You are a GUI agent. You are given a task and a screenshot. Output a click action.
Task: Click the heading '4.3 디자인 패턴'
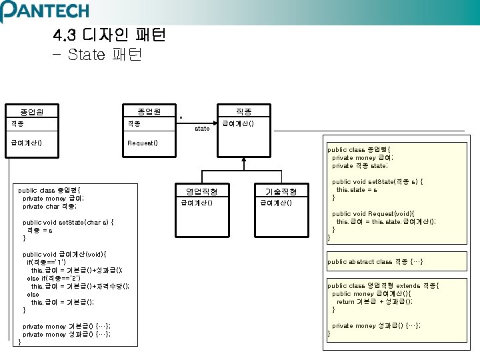[x=109, y=35]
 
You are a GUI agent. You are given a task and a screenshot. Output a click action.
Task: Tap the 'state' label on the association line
[x=202, y=129]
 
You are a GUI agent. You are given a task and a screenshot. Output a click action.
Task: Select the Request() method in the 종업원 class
[x=142, y=143]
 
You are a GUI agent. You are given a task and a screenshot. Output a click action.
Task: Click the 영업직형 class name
[x=201, y=191]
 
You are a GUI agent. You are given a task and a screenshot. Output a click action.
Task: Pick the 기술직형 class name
[x=281, y=191]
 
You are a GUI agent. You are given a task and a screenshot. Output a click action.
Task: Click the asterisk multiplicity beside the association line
[x=181, y=117]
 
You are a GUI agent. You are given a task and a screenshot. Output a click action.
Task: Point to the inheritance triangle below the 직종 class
[x=242, y=160]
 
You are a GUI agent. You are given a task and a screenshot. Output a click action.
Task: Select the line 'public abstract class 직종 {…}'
[x=375, y=262]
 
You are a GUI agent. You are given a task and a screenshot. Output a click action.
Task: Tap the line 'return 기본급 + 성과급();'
[x=375, y=301]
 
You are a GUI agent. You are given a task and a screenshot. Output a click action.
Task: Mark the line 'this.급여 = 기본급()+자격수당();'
[x=80, y=286]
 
